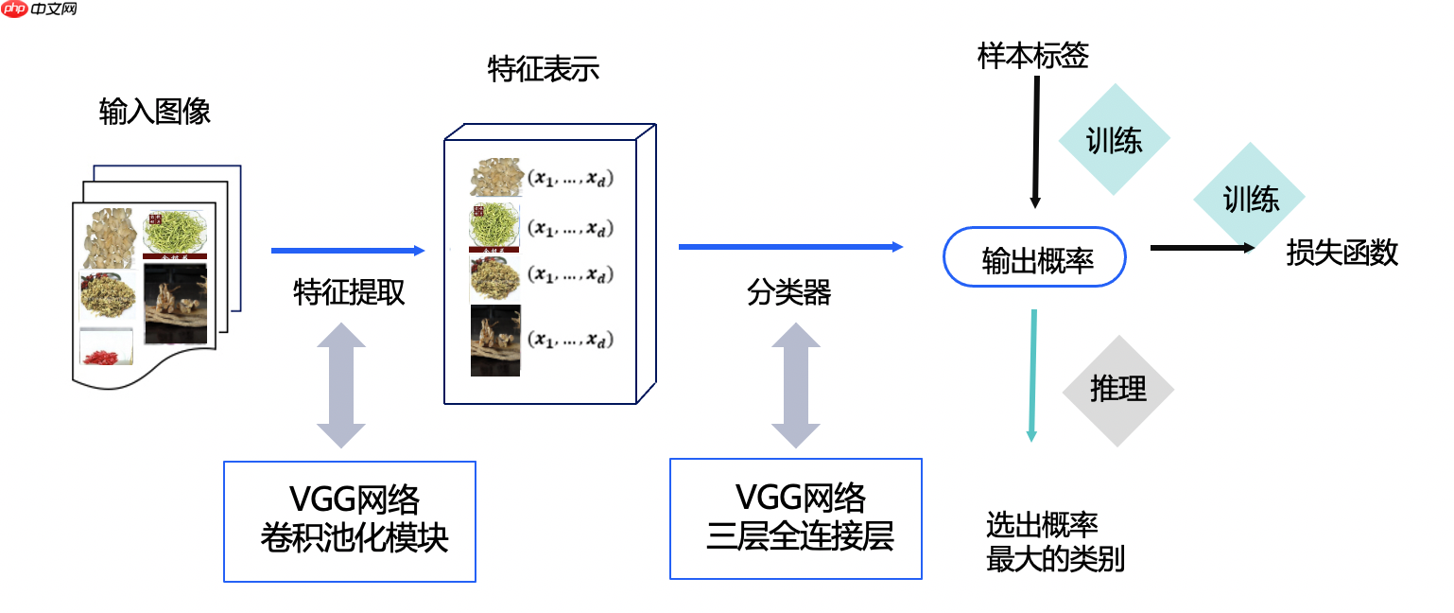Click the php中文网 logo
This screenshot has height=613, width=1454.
tap(40, 9)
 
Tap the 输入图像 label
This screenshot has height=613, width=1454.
tap(154, 112)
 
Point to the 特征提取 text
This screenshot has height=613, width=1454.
tap(349, 292)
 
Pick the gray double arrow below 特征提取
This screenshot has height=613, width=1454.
tap(340, 385)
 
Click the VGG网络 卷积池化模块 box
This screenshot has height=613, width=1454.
tap(350, 521)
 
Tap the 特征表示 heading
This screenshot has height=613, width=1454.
tap(543, 69)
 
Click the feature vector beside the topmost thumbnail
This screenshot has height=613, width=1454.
tap(570, 179)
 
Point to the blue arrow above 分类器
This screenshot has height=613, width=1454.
tap(790, 247)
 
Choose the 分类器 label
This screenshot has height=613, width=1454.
tap(789, 292)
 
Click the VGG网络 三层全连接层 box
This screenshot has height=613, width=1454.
tap(796, 518)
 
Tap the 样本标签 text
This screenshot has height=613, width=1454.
tap(1033, 57)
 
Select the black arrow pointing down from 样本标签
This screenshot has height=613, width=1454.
tap(1035, 142)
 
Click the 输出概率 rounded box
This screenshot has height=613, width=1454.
tap(1035, 256)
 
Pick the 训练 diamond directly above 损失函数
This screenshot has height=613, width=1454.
tap(1250, 199)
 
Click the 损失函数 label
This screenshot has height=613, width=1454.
tap(1341, 253)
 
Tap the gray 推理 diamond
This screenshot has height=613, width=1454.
tap(1117, 390)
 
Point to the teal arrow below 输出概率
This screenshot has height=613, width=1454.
tap(1032, 374)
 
